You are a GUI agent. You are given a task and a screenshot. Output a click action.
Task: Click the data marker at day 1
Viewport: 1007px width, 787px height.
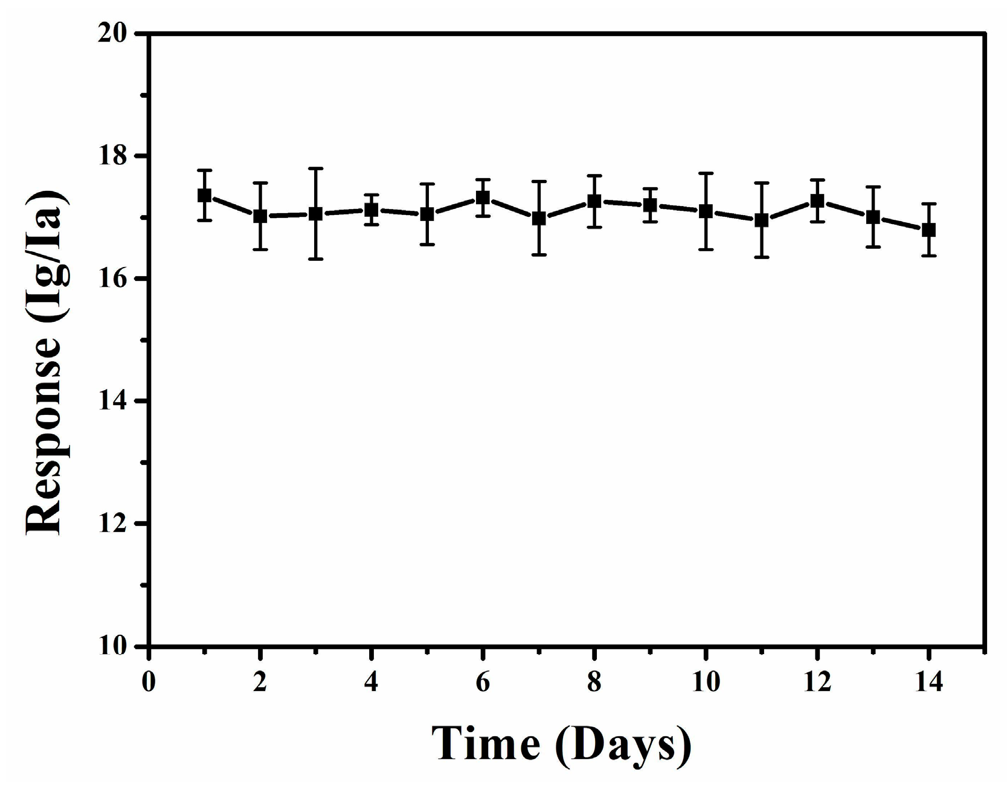pyautogui.click(x=204, y=196)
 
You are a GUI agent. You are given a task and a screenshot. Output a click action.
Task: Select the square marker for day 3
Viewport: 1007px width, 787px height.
pyautogui.click(x=315, y=214)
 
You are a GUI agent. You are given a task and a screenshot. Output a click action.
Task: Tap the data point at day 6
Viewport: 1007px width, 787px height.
pyautogui.click(x=483, y=198)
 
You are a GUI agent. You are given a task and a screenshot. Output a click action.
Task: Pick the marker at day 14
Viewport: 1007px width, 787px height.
pyautogui.click(x=928, y=230)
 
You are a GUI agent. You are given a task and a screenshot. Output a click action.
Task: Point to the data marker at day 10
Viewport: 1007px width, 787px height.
pyautogui.click(x=706, y=211)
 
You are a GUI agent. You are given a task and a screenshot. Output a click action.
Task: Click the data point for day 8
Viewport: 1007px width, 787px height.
pyautogui.click(x=594, y=201)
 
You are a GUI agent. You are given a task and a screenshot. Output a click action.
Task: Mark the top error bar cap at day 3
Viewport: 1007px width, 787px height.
pyautogui.click(x=315, y=169)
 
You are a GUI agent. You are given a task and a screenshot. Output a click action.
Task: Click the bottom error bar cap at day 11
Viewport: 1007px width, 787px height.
pyautogui.click(x=762, y=257)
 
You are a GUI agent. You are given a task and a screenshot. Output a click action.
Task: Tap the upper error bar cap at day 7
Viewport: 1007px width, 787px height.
pyautogui.click(x=539, y=181)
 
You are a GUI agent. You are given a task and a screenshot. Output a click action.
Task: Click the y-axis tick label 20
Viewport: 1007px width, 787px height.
pyautogui.click(x=115, y=33)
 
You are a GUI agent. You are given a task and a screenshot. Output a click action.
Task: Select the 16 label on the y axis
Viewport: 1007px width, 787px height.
pyautogui.click(x=115, y=278)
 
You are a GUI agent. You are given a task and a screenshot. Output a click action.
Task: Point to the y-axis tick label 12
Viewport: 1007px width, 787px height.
pyautogui.click(x=115, y=524)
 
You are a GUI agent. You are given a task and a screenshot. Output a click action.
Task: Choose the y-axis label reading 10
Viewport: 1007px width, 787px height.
pyautogui.click(x=115, y=646)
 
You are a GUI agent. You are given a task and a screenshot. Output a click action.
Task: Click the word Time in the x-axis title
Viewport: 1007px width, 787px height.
pyautogui.click(x=486, y=744)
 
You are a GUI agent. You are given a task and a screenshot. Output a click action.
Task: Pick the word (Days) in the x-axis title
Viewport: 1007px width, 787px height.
pyautogui.click(x=623, y=746)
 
